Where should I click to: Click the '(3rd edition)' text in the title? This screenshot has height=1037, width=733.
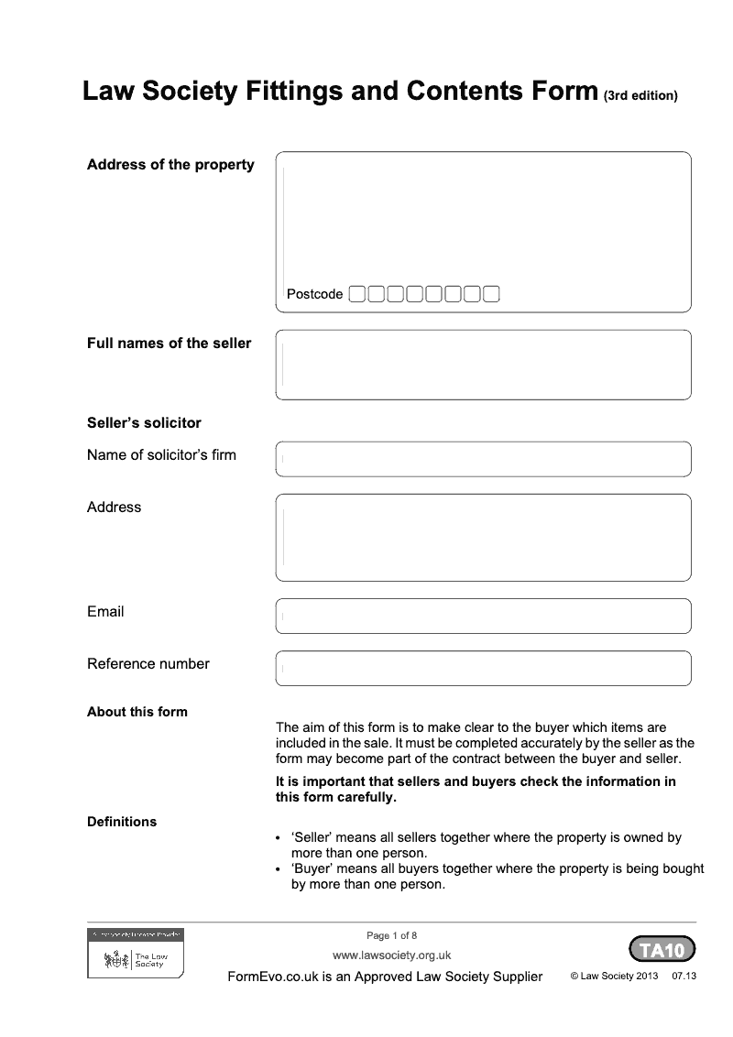[x=640, y=95]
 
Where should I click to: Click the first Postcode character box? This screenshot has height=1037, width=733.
[x=358, y=294]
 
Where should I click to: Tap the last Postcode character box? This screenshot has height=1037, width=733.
[x=491, y=294]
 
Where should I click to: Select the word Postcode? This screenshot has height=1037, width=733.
[x=314, y=294]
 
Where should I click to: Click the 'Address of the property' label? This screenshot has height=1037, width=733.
[x=170, y=165]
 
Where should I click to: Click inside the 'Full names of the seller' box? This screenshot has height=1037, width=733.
[x=483, y=365]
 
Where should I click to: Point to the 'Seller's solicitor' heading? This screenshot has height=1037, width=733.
[x=144, y=423]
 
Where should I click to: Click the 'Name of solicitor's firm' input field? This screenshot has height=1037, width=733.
[x=483, y=459]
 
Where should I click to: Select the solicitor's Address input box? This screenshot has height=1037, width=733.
[x=483, y=537]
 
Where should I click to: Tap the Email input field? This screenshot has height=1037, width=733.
[x=483, y=616]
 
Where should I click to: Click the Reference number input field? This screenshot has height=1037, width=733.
[x=483, y=668]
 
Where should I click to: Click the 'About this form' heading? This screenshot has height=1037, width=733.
[x=137, y=712]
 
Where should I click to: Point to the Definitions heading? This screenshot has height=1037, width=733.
[x=121, y=822]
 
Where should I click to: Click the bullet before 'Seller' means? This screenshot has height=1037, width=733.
[x=279, y=839]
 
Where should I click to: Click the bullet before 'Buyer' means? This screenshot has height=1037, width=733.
[x=279, y=868]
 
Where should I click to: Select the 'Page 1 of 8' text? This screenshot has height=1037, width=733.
[x=391, y=935]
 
